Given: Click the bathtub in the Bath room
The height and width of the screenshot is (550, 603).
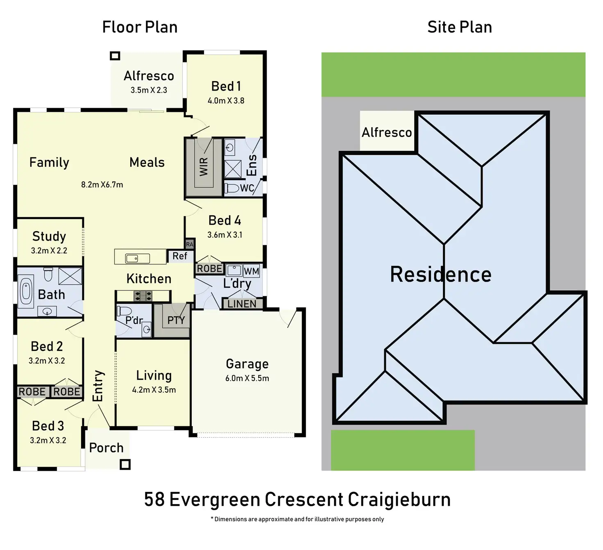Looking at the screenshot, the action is point(25,293).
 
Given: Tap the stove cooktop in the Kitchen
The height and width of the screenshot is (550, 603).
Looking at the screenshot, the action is point(143,296).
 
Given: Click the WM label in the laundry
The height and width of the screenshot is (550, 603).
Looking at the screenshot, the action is point(251,271).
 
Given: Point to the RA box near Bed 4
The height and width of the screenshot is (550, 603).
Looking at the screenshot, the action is point(189,244).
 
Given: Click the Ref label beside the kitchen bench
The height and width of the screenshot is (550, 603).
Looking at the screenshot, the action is point(180,256).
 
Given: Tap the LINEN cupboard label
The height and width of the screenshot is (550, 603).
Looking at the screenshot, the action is point(242,304).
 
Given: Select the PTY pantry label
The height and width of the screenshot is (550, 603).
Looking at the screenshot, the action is point(176,320).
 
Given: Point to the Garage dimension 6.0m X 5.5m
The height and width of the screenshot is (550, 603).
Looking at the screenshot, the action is point(247,378).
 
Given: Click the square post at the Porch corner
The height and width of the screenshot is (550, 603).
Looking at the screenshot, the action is point(125,464).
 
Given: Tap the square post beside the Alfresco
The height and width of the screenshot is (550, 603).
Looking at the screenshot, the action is point(115,56).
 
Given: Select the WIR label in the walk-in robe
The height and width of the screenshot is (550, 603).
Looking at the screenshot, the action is point(204,167).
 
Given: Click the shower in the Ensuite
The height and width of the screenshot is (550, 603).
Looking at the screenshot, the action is point(233,169).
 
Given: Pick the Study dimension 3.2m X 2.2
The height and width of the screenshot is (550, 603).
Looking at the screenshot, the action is point(49,251).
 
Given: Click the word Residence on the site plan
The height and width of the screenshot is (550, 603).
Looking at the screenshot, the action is point(441,275).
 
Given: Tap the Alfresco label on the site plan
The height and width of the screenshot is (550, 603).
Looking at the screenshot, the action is point(387,132).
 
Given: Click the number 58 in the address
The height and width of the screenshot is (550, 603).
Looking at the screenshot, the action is point(154,500).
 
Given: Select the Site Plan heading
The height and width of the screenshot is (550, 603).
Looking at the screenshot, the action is point(460,27).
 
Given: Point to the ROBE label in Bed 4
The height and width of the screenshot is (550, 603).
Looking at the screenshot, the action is point(209,268).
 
